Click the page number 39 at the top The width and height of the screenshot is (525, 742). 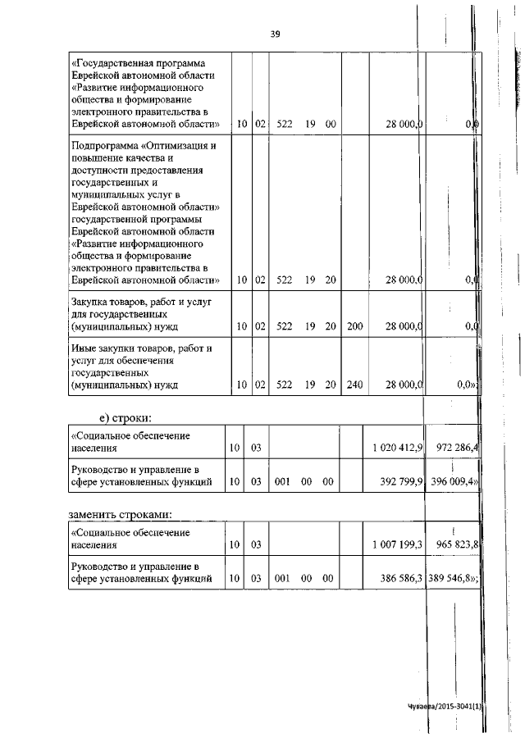[276, 34]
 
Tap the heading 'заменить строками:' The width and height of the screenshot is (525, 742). [125, 514]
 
